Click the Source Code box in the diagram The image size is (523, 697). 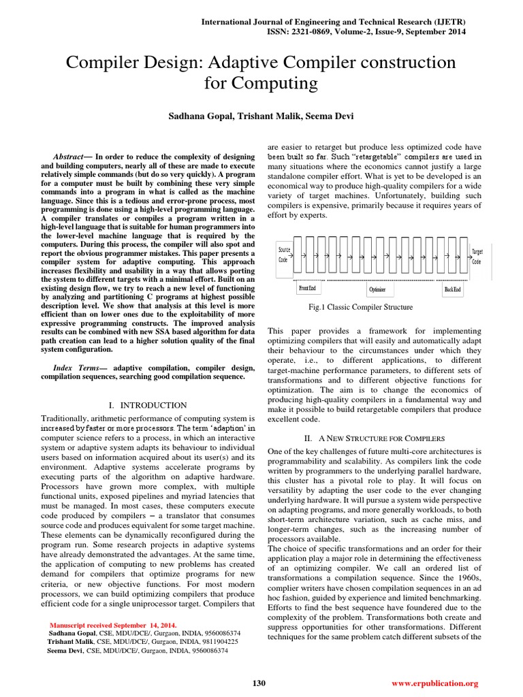coord(283,255)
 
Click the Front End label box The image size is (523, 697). coord(307,289)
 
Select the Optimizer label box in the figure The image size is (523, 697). coord(377,289)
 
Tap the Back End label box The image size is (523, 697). coord(452,289)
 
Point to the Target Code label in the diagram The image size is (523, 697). coord(477,256)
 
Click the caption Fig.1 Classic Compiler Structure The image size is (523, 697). coord(360,307)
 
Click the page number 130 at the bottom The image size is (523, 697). coord(259,683)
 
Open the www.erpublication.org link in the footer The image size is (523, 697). coord(435,683)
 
